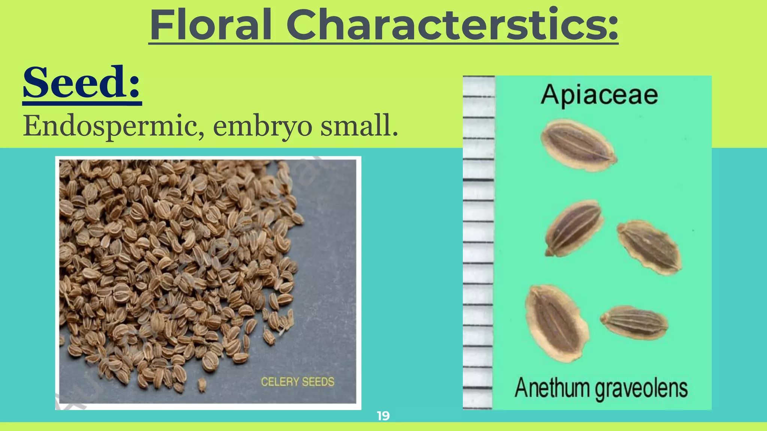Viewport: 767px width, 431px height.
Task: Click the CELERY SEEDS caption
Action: [x=297, y=382]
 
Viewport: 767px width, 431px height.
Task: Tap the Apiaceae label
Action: [x=599, y=95]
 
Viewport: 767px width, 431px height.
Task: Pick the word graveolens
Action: [x=641, y=389]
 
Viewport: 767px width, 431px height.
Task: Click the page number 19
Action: [x=383, y=416]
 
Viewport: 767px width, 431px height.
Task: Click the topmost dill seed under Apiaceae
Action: [x=578, y=145]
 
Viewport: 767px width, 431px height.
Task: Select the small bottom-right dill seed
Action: [x=634, y=322]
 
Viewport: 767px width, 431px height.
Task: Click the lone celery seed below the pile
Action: [x=202, y=385]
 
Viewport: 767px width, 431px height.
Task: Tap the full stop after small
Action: [x=394, y=134]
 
